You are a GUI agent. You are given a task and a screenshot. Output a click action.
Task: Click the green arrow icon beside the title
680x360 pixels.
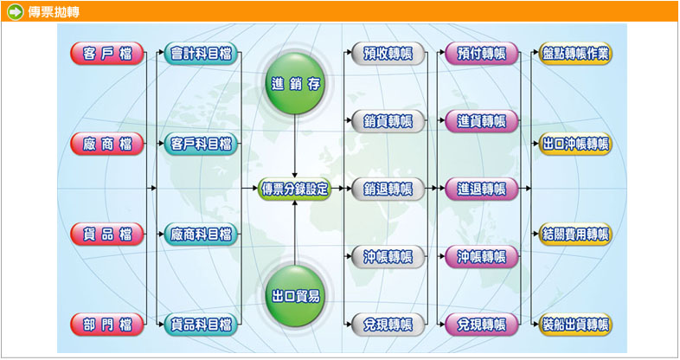[14, 11]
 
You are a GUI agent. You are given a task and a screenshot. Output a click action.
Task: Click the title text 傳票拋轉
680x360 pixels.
[48, 11]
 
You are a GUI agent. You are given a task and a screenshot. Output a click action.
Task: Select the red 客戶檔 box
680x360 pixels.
[107, 53]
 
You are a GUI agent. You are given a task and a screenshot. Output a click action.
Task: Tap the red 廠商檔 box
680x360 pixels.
[107, 144]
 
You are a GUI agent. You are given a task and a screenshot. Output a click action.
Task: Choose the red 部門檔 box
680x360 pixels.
[107, 325]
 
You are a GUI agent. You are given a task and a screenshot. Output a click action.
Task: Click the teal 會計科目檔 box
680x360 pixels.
[202, 53]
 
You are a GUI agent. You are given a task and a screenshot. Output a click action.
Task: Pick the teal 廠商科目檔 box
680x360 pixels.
[202, 234]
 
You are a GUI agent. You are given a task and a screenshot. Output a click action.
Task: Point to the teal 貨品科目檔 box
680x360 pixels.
[202, 325]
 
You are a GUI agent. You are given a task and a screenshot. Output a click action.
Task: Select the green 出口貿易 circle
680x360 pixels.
[296, 296]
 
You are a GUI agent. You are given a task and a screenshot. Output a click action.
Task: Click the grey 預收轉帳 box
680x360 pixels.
[388, 53]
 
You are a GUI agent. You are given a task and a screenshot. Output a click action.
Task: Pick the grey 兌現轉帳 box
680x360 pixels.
[388, 325]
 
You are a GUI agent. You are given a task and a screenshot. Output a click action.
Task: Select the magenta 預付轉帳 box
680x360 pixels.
[482, 53]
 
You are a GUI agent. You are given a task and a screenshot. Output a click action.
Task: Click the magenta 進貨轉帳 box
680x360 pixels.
[482, 121]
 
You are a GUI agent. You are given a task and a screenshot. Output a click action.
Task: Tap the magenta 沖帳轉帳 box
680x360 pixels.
[482, 256]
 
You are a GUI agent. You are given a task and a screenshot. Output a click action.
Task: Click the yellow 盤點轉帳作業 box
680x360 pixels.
[575, 53]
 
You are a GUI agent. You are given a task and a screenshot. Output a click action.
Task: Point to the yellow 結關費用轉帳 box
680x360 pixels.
[575, 234]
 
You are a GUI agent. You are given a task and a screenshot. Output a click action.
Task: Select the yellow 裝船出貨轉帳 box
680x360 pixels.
[575, 325]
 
